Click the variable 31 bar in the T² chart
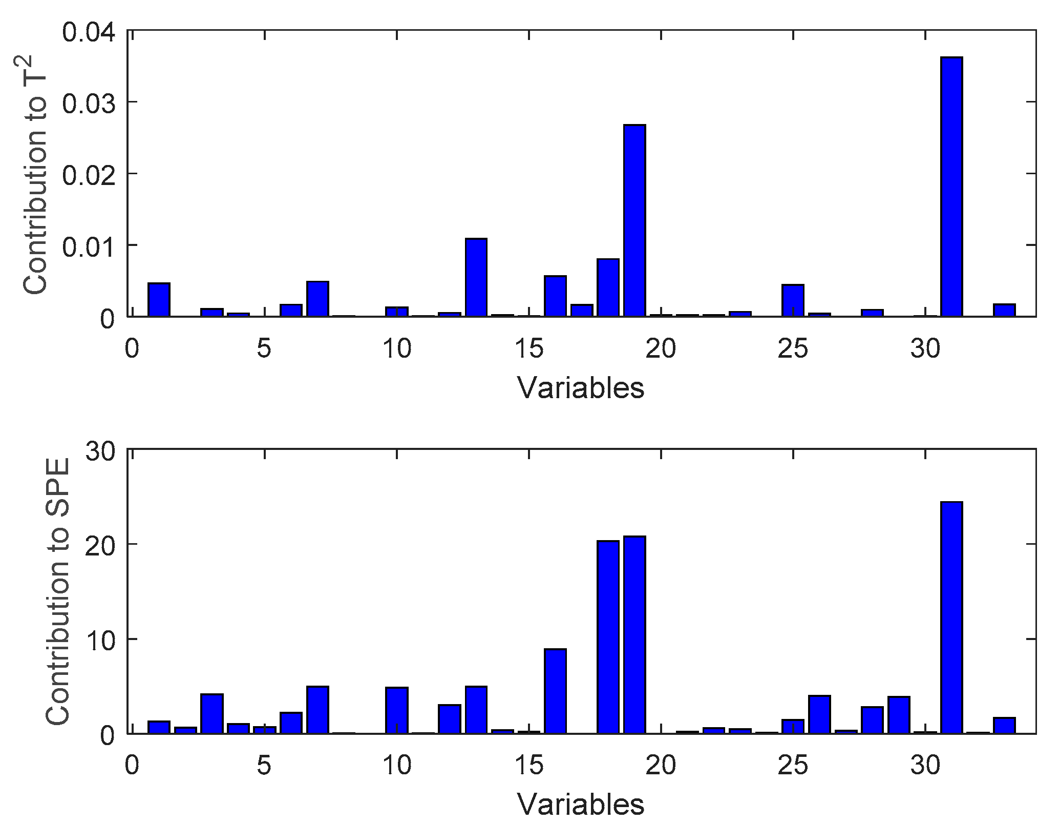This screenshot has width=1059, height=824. (952, 187)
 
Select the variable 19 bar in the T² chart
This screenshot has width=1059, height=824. (634, 220)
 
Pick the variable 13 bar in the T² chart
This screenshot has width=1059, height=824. (476, 277)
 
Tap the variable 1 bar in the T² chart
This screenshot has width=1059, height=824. (159, 299)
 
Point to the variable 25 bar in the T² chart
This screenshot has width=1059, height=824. (793, 300)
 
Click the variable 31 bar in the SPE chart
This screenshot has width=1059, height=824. (952, 617)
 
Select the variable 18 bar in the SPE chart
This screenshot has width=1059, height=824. (608, 637)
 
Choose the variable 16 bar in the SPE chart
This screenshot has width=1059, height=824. (555, 691)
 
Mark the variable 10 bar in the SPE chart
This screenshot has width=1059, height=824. (397, 710)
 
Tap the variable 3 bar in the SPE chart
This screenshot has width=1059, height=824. (211, 713)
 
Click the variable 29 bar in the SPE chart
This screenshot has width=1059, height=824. (899, 715)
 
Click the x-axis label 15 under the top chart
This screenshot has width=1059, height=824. (529, 349)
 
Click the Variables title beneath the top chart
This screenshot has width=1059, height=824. (581, 387)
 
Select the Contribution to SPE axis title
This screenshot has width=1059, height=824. (58, 592)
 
